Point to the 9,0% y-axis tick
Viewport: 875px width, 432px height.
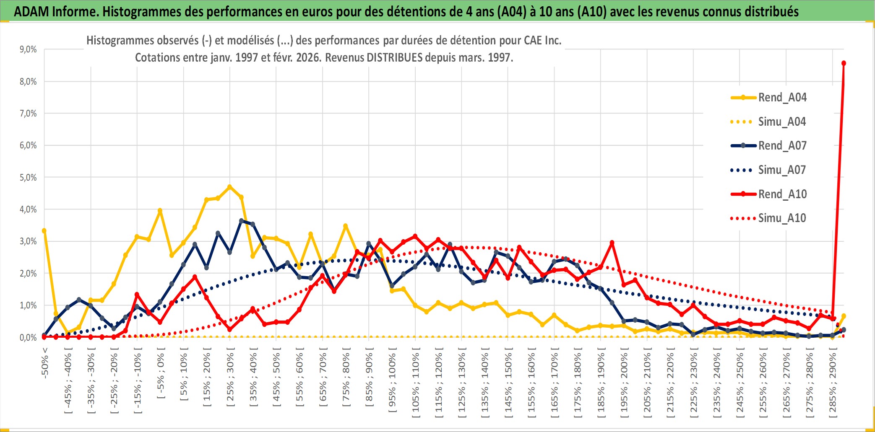coord(28,49)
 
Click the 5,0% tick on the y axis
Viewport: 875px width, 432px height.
coord(28,178)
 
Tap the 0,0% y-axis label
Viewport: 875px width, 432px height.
coord(28,338)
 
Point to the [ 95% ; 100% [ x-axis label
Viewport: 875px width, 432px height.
coord(392,382)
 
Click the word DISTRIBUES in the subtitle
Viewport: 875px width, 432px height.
coord(394,57)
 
